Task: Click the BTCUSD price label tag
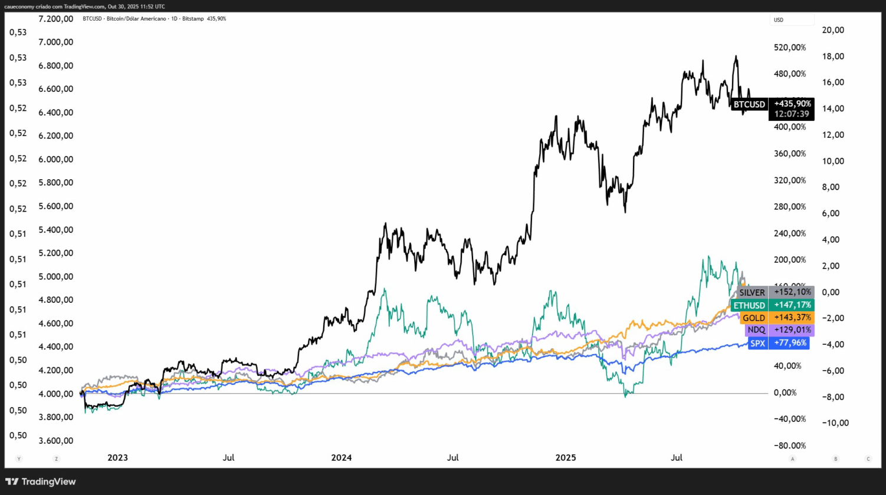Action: tap(749, 104)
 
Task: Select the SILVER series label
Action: tap(752, 292)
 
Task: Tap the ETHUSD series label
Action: tap(749, 305)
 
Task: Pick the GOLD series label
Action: tap(753, 318)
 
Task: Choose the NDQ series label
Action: tap(756, 330)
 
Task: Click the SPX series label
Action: tap(757, 343)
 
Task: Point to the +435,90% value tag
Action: tap(792, 104)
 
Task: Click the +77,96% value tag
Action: tap(790, 342)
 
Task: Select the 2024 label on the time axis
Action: tap(341, 457)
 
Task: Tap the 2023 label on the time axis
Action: tap(117, 457)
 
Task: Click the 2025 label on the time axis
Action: tap(565, 457)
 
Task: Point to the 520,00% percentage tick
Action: tap(790, 47)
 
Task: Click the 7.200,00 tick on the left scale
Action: tap(55, 19)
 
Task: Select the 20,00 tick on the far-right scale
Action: tap(834, 30)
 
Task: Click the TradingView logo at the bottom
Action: tap(41, 481)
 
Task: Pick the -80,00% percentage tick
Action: tap(789, 445)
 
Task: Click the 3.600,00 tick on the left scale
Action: tap(55, 440)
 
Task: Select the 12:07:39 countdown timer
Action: tap(792, 114)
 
